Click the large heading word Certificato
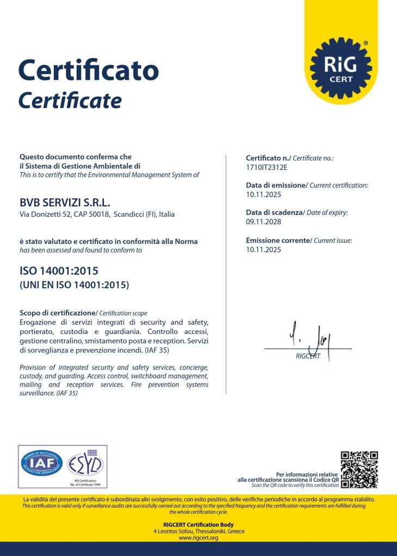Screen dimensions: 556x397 point(88,70)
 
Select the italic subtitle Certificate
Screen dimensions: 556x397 point(70,100)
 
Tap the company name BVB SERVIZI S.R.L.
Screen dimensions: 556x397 point(65,203)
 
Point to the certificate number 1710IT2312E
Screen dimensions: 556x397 point(266,167)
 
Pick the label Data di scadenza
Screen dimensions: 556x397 point(274,213)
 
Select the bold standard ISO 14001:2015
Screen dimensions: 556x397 point(59,270)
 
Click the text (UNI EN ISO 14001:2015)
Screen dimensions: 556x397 point(74,285)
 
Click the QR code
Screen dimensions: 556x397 point(359,469)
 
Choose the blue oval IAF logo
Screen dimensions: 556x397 point(41,464)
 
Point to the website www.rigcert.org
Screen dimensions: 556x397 point(198,538)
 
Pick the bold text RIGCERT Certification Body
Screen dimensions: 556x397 point(198,525)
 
